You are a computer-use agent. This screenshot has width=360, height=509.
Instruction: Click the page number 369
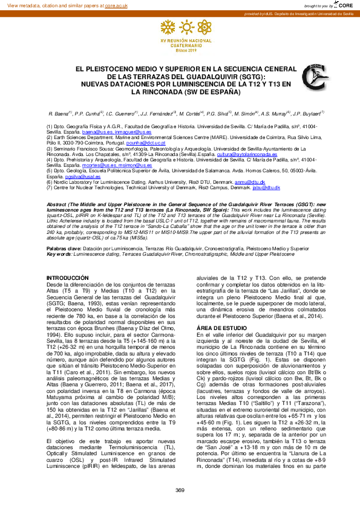(180, 490)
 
